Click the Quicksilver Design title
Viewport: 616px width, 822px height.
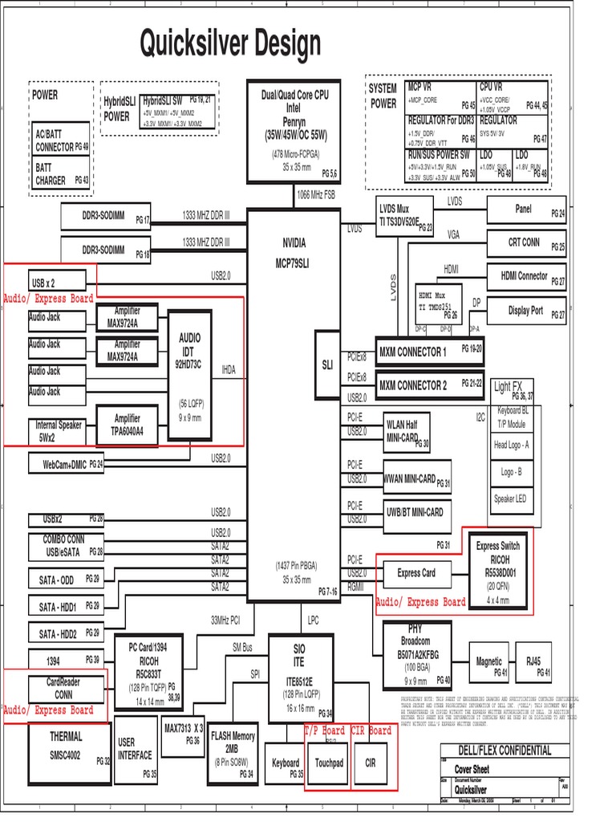click(x=230, y=44)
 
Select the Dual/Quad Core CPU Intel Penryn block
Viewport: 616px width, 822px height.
click(x=294, y=132)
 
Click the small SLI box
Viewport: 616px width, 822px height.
click(x=327, y=365)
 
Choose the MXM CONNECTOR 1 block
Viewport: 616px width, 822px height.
click(x=430, y=352)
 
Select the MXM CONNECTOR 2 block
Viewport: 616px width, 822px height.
click(x=430, y=385)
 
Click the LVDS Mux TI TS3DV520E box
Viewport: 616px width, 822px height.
click(x=405, y=215)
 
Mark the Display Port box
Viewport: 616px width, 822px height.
click(x=526, y=311)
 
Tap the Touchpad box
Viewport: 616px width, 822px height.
click(x=328, y=762)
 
